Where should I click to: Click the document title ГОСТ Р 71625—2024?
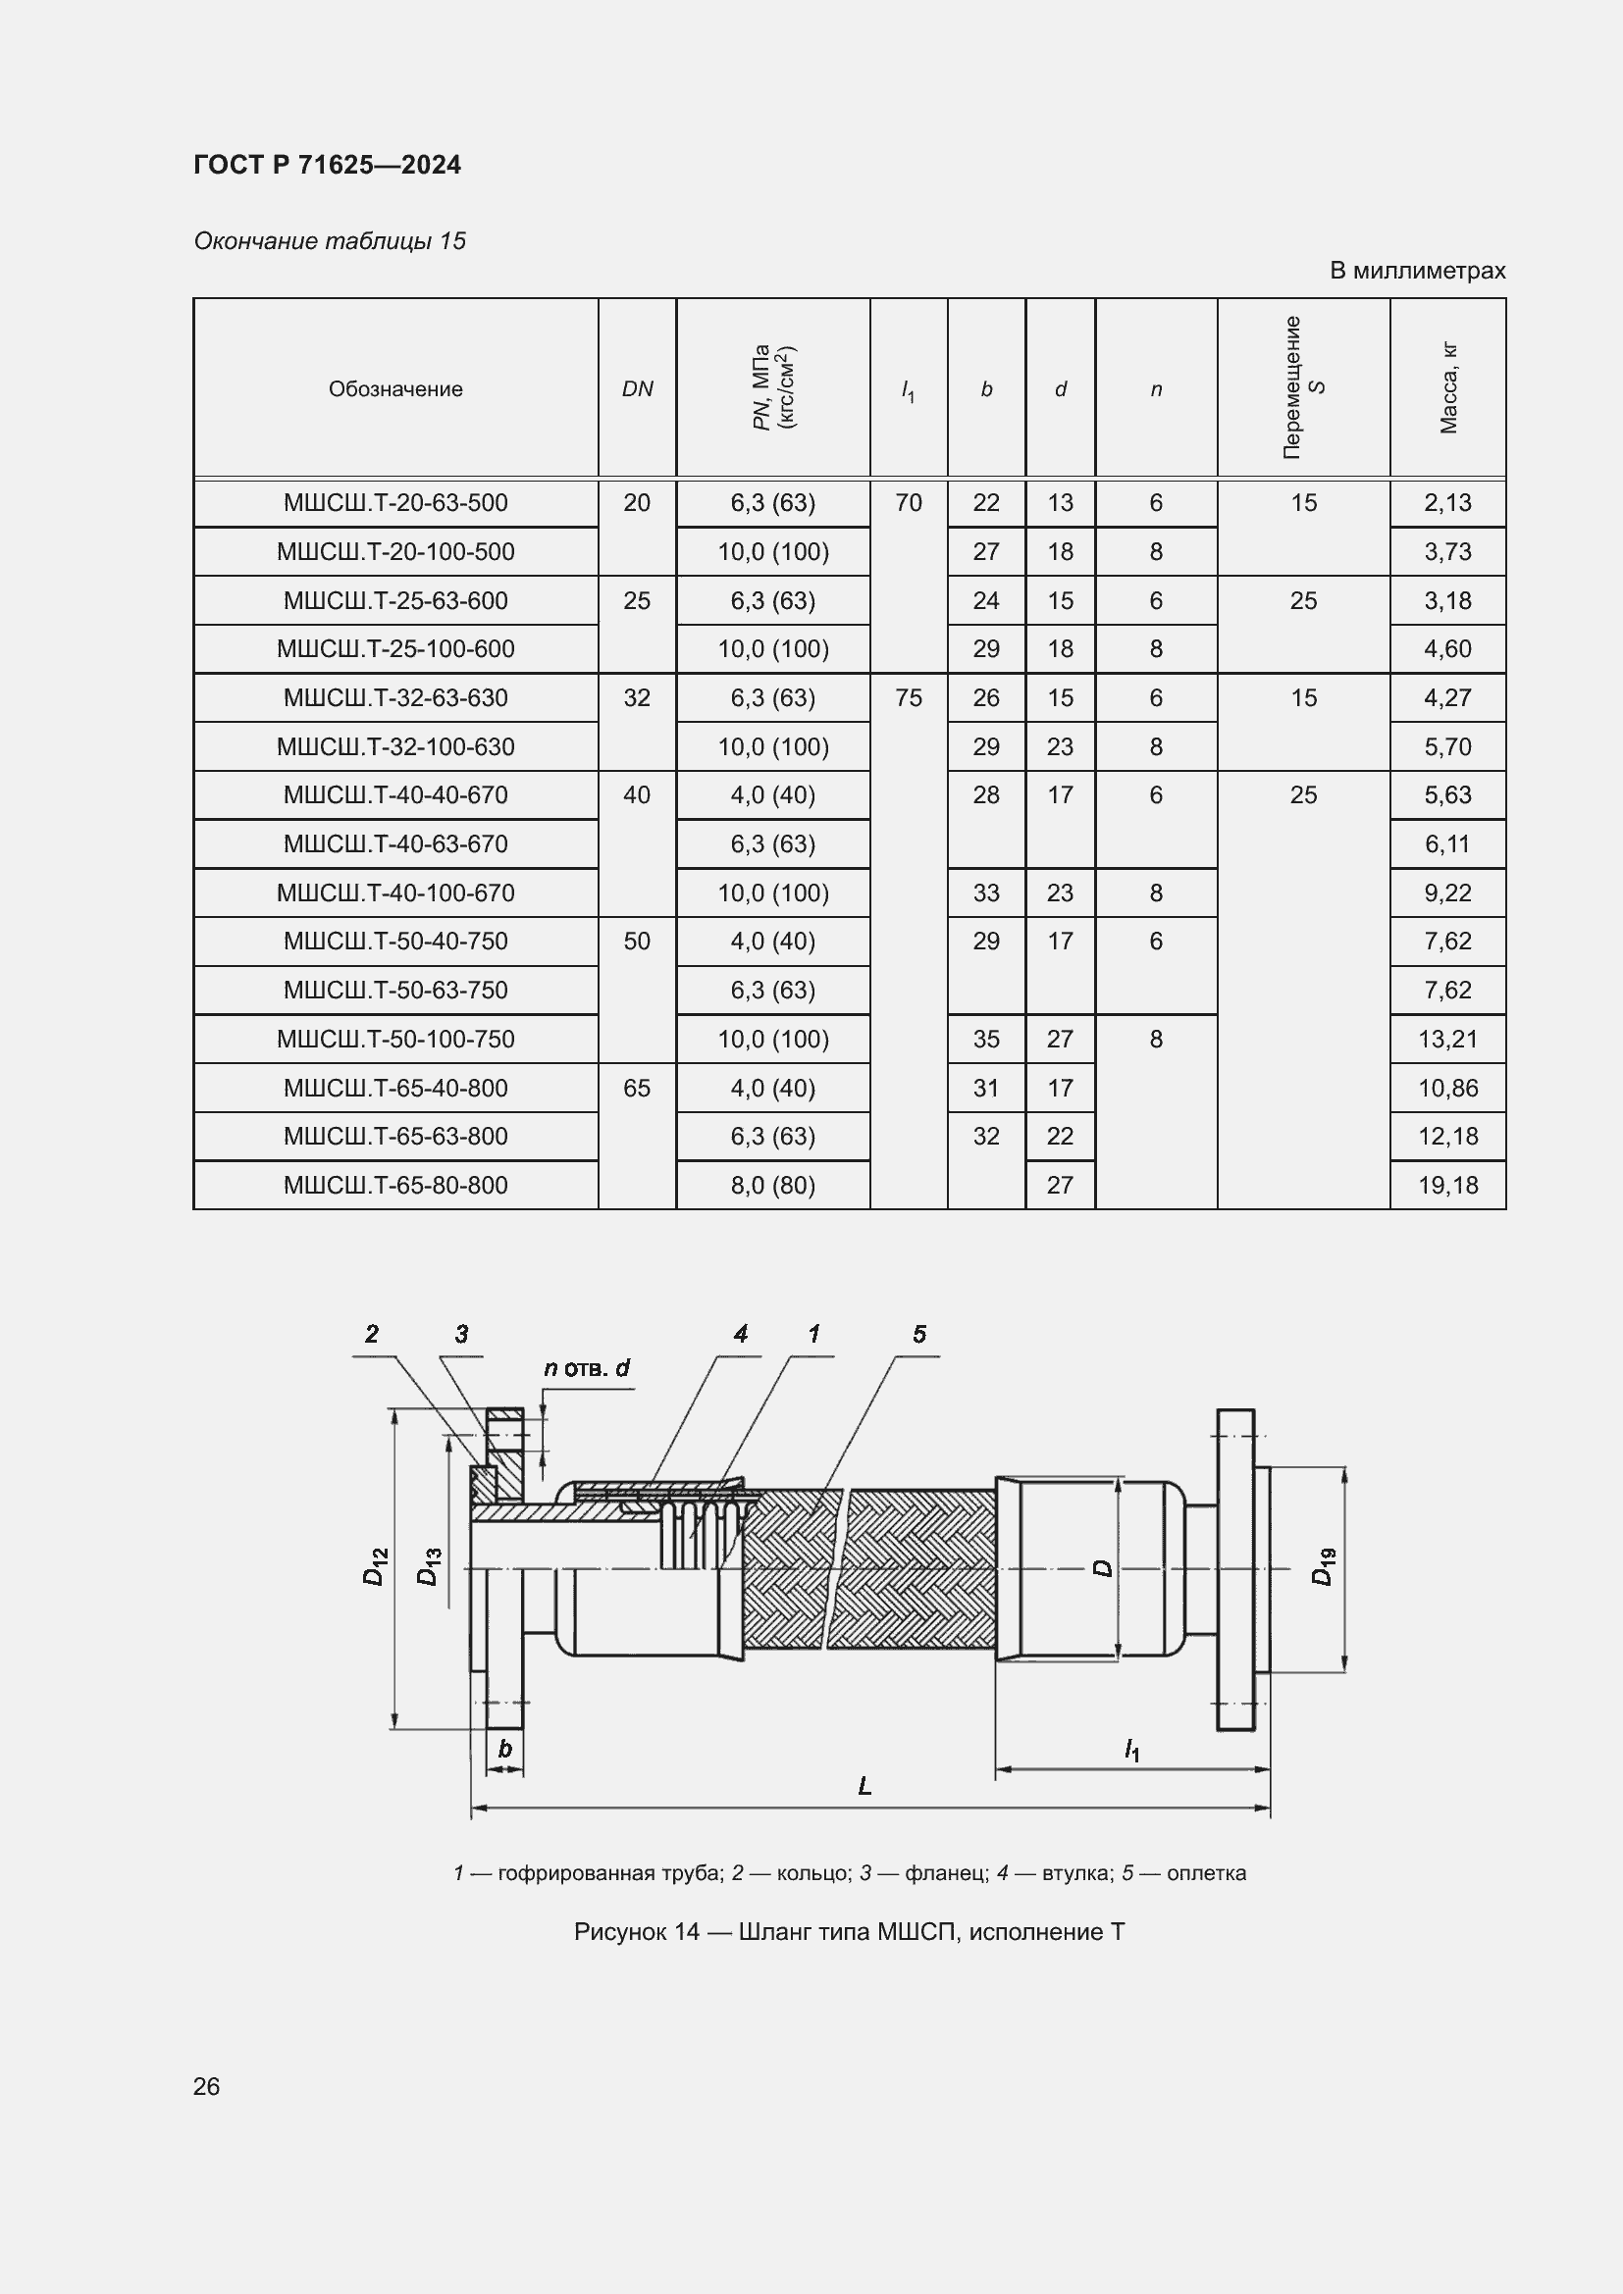[x=327, y=165]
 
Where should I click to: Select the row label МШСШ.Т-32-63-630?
[x=394, y=697]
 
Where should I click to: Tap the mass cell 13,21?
[x=1447, y=1039]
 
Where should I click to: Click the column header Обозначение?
[x=394, y=388]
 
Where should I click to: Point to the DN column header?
[x=637, y=388]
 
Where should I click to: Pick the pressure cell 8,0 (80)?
[x=772, y=1185]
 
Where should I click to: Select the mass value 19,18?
[x=1447, y=1185]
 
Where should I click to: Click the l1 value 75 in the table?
[x=908, y=697]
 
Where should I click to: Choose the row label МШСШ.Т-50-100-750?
[x=394, y=1039]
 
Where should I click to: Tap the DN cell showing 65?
[x=636, y=1088]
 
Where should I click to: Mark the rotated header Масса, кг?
[x=1448, y=388]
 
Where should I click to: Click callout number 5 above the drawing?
[x=918, y=1334]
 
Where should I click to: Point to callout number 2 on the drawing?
[x=372, y=1334]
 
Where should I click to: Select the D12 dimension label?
[x=375, y=1565]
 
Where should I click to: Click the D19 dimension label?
[x=1323, y=1565]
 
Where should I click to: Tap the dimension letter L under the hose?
[x=864, y=1785]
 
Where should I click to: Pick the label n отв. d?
[x=587, y=1368]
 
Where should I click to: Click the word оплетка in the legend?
[x=1206, y=1873]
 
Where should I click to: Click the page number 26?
[x=207, y=2086]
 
